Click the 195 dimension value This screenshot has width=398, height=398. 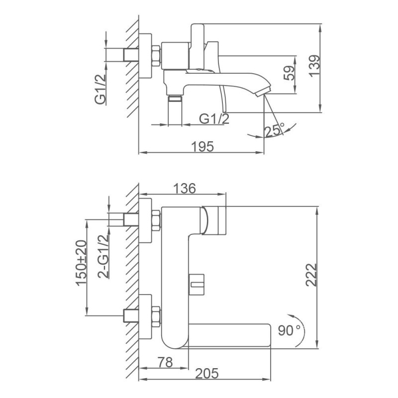(202, 147)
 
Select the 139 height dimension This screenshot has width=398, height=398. (314, 65)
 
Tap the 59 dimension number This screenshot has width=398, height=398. (290, 73)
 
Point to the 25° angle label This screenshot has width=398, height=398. (275, 130)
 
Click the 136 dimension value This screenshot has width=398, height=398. (185, 189)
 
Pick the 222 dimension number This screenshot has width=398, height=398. (311, 275)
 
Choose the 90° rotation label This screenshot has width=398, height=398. (289, 330)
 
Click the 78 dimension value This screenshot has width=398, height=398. (165, 362)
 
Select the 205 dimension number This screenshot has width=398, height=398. (206, 374)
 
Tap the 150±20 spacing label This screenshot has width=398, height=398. (81, 263)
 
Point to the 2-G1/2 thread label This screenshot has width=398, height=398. (103, 256)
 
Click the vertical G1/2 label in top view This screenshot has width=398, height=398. (100, 90)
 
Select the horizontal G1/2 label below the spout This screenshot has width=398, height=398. (214, 118)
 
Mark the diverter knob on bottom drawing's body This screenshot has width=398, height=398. (197, 285)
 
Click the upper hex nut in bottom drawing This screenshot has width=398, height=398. (156, 220)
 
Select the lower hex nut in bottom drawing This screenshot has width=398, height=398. (156, 316)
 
